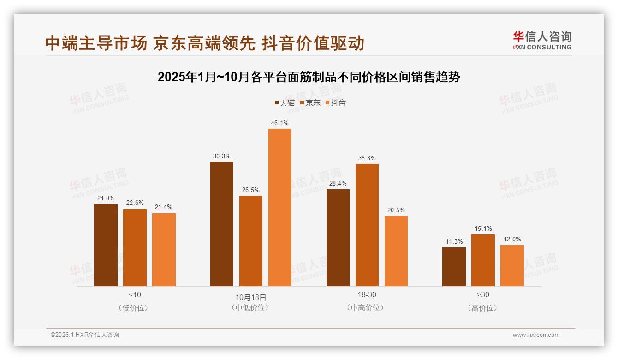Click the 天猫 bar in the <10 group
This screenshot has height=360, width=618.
click(106, 245)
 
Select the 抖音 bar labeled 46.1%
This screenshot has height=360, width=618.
click(280, 207)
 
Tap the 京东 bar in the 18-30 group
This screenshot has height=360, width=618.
click(367, 225)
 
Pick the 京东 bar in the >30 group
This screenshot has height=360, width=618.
click(483, 260)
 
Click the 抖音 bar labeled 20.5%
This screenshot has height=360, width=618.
click(396, 251)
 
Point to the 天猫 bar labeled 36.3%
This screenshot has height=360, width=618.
click(222, 224)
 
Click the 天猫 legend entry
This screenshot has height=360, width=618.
click(285, 102)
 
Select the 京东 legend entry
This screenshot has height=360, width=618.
click(310, 102)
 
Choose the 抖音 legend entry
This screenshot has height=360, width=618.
click(336, 102)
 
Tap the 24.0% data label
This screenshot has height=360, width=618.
click(106, 198)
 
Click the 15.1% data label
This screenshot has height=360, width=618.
click(483, 228)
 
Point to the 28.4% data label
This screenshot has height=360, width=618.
click(338, 183)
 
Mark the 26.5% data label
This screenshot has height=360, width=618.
click(251, 190)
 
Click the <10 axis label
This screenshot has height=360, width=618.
click(135, 294)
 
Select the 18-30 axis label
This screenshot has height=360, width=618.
click(367, 294)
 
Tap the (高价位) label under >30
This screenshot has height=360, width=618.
click(483, 308)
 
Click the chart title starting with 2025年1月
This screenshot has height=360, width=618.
click(309, 77)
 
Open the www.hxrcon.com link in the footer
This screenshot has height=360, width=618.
click(536, 335)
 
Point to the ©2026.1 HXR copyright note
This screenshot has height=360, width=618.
click(85, 335)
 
